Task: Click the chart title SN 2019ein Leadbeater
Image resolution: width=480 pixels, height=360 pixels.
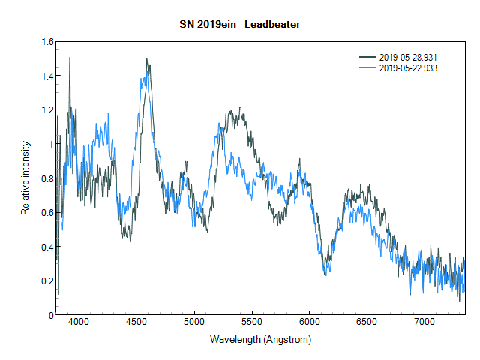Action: click(x=240, y=25)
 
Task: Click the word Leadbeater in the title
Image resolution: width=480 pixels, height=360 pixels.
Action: click(x=272, y=25)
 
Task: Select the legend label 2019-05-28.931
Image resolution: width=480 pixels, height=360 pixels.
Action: click(x=409, y=58)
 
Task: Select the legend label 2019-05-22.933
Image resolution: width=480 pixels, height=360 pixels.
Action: click(x=409, y=67)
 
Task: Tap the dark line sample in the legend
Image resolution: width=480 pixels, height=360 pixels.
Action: click(x=368, y=58)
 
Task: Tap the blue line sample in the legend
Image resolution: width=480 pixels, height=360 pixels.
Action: click(x=368, y=67)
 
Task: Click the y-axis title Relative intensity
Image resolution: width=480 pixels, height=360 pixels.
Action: click(x=25, y=178)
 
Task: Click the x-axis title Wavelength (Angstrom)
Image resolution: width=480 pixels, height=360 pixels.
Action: click(x=260, y=339)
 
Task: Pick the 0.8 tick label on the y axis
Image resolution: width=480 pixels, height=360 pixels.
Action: click(x=47, y=178)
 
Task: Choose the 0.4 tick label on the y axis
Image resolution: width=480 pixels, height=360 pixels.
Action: click(x=47, y=247)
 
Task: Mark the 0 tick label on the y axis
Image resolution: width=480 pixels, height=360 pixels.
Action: click(x=51, y=315)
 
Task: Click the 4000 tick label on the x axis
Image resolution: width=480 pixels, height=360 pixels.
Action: click(x=79, y=323)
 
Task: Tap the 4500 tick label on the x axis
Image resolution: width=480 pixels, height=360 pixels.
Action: click(x=136, y=323)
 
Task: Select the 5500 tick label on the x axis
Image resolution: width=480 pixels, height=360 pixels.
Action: click(x=252, y=323)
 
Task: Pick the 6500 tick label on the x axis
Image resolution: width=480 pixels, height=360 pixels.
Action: click(x=367, y=323)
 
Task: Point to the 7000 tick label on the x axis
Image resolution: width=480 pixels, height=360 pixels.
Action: click(x=424, y=323)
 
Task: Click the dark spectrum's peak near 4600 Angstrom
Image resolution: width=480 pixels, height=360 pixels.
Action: click(x=147, y=59)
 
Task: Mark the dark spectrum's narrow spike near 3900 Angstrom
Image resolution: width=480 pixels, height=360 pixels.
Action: click(x=70, y=58)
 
